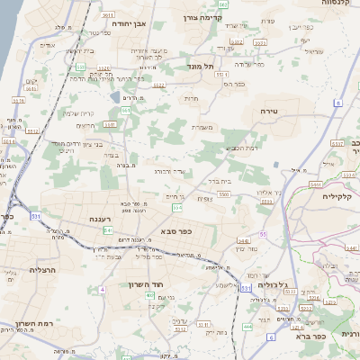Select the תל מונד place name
[200, 66]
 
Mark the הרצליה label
[42, 270]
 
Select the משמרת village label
[201, 128]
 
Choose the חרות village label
[191, 99]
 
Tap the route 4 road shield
[103, 289]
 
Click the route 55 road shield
[264, 234]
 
